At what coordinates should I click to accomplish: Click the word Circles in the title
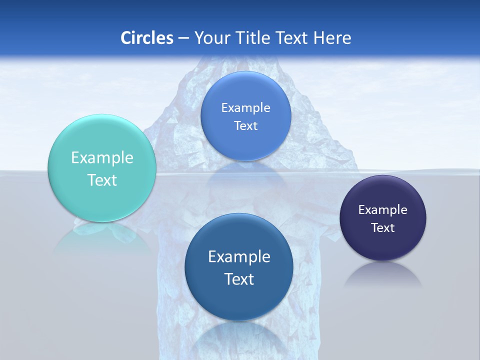[x=146, y=38]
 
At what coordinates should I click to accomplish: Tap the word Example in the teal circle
[x=102, y=158]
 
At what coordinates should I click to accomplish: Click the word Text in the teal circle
[x=102, y=180]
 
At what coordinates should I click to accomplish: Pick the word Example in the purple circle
[x=383, y=210]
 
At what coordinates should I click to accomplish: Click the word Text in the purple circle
[x=383, y=228]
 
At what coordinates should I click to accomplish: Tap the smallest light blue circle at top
[x=246, y=145]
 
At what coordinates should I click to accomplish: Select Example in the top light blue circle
[x=246, y=108]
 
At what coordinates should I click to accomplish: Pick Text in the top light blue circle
[x=246, y=126]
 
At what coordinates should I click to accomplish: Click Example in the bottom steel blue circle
[x=239, y=257]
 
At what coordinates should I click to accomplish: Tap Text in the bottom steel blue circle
[x=239, y=279]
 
